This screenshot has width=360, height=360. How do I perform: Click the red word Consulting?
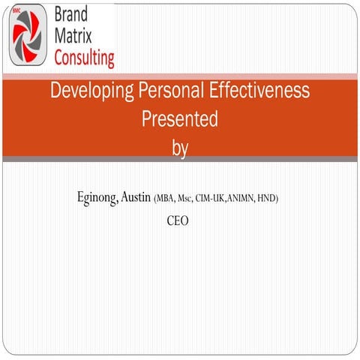point(85,56)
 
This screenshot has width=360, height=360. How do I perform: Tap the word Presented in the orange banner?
point(179,119)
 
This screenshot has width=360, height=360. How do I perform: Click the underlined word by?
point(179,147)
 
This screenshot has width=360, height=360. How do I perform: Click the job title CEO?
point(178,221)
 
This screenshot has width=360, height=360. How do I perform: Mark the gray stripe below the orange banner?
point(180,159)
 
